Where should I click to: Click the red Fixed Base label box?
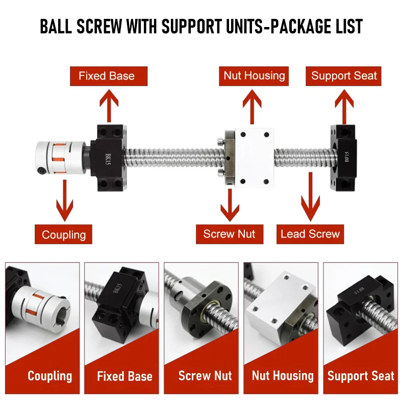pos(109,76)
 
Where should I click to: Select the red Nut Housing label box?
pos(254,76)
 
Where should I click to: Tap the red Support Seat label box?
pos(343,76)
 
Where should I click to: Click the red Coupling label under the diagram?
pos(64,234)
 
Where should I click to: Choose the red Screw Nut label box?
pos(230,234)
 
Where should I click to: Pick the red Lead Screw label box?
pos(310,234)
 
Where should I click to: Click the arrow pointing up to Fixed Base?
pos(109,106)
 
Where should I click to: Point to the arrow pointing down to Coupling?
pos(65,200)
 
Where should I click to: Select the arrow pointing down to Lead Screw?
pos(311,197)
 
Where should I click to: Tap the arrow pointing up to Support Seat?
pos(344,107)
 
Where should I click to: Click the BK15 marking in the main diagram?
pos(108,159)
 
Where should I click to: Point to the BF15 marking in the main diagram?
pos(347,157)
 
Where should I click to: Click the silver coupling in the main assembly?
pos(61,158)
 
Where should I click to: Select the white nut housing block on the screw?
pos(254,158)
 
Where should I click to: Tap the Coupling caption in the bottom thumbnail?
pos(50,376)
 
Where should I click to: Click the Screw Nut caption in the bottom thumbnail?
pos(205,376)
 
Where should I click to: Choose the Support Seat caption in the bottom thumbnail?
pos(361,376)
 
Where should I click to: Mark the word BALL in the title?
pos(56,26)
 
